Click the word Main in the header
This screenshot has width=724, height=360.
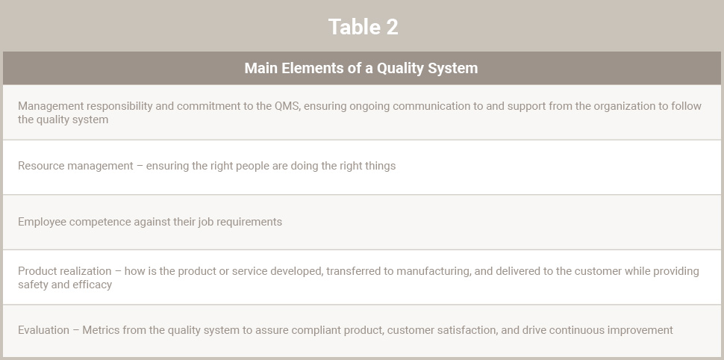[261, 68]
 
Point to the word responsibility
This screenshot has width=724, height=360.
[119, 106]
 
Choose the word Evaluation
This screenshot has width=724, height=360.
[43, 330]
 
